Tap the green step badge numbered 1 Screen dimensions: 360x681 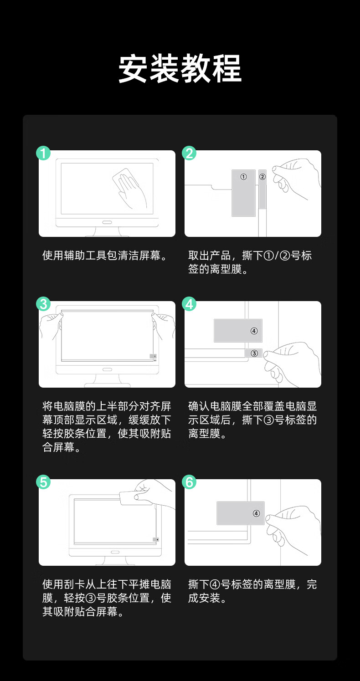(x=43, y=153)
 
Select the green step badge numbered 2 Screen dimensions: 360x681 (x=189, y=153)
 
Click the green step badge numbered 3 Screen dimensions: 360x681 (x=43, y=304)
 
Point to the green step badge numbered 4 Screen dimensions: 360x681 (x=189, y=304)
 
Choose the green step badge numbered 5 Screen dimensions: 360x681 (x=43, y=482)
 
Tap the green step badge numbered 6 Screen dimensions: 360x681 (x=189, y=482)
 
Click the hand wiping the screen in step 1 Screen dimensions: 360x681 (x=131, y=189)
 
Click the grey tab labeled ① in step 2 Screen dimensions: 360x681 (x=243, y=193)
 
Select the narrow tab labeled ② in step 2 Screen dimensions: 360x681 (x=262, y=189)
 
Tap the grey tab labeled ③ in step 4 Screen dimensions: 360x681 (x=253, y=353)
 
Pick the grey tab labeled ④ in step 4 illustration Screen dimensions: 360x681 (x=238, y=331)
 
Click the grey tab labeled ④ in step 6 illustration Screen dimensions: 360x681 (x=241, y=513)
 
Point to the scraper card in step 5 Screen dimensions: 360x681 (x=134, y=498)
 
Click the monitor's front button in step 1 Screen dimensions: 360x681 (x=107, y=222)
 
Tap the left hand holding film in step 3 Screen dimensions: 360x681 (x=51, y=326)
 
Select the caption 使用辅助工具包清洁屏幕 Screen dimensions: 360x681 (x=105, y=256)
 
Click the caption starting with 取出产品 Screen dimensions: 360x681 (x=250, y=262)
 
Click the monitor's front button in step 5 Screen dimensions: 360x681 (x=115, y=552)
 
